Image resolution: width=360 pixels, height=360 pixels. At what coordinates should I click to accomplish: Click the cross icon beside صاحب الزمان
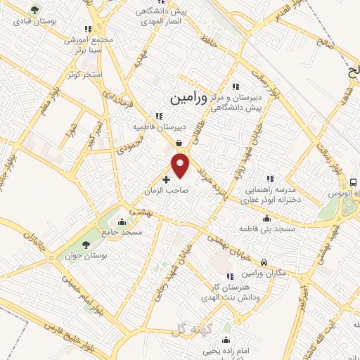point(166,180)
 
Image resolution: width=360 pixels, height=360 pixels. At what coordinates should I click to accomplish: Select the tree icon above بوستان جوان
point(86,245)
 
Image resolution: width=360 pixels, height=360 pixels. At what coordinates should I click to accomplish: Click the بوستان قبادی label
point(38,23)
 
